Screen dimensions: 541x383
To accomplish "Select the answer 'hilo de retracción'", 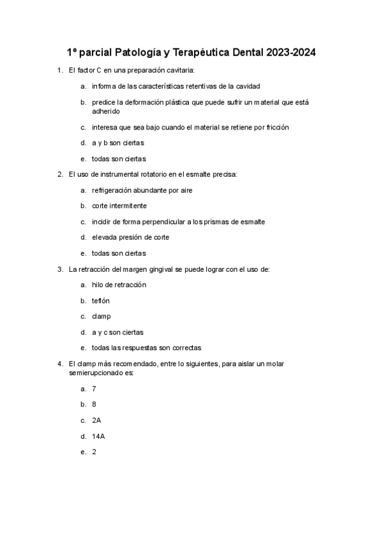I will click(x=119, y=285).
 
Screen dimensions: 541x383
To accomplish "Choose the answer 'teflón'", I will click(x=101, y=300).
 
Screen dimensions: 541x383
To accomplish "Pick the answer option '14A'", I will click(x=99, y=436).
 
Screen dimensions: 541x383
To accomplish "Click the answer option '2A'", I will click(x=96, y=420).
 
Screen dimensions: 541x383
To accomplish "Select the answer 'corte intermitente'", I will click(x=119, y=206).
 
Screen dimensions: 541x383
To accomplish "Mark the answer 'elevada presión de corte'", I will click(x=130, y=237).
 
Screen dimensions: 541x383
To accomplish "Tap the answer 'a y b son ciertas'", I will click(x=118, y=143).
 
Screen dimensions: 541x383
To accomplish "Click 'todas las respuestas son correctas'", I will click(x=146, y=348).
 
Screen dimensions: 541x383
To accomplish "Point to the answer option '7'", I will click(x=94, y=389).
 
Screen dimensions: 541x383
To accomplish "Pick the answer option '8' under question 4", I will click(x=94, y=404).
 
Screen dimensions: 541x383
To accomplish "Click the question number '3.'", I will click(x=59, y=269).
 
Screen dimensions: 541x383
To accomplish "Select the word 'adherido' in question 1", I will click(x=105, y=111).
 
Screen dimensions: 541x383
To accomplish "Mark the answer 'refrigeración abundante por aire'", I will click(x=142, y=190).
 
